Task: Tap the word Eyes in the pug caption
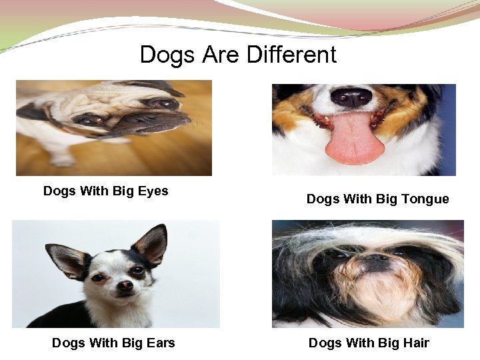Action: (153, 191)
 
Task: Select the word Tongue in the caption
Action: (425, 199)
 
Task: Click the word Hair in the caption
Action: (416, 343)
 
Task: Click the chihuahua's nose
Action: (125, 286)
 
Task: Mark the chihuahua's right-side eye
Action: (137, 270)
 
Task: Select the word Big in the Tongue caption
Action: (387, 199)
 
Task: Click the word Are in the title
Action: (221, 55)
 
